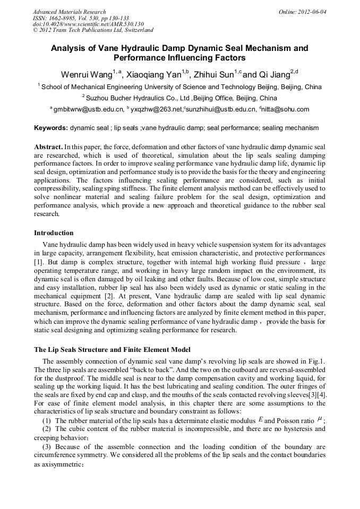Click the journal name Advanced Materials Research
69,12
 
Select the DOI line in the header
88,24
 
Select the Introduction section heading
54,232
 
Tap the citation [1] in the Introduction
38,262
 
